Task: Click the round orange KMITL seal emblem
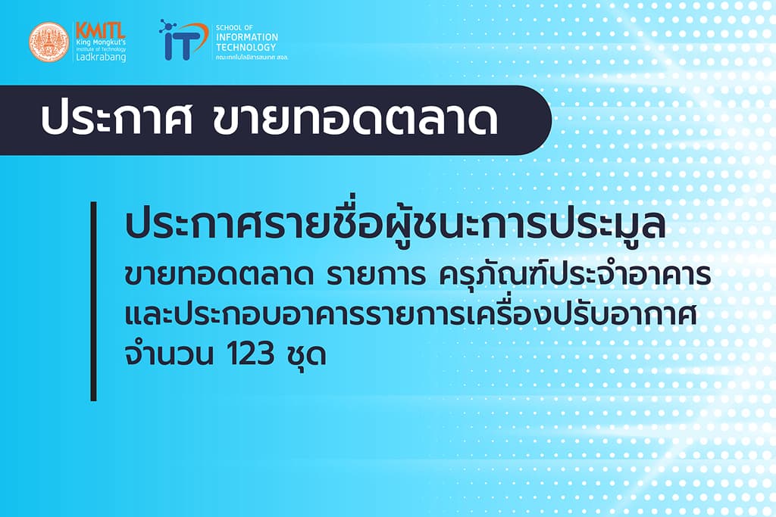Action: tap(48, 42)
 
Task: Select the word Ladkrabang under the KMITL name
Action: tap(101, 58)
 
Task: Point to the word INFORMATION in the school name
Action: tap(246, 37)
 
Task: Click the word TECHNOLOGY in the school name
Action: tap(246, 47)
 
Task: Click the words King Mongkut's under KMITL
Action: tap(101, 42)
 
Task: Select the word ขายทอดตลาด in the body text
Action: tap(219, 277)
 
